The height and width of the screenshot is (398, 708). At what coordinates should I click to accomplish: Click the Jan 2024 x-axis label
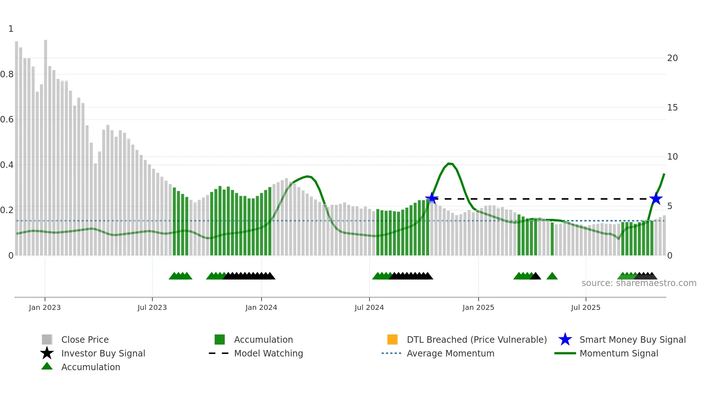point(261,307)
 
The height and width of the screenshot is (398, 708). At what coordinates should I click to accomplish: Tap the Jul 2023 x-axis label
point(152,307)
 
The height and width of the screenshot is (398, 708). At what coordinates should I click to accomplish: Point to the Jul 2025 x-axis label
point(586,307)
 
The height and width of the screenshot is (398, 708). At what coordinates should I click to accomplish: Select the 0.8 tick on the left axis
point(7,74)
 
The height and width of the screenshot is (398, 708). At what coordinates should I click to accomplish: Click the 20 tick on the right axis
point(672,58)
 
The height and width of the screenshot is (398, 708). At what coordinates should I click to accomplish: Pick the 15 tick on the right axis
point(672,108)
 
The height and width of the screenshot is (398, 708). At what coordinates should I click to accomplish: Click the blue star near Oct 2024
point(432,198)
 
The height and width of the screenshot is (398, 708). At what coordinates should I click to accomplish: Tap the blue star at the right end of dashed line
point(656,199)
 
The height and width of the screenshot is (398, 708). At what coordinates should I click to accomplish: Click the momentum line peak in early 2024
point(307,176)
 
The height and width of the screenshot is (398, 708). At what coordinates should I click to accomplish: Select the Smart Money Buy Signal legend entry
point(632,339)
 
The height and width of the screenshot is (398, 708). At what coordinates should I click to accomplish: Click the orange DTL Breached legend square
point(392,339)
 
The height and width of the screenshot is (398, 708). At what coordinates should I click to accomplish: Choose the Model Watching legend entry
point(268,353)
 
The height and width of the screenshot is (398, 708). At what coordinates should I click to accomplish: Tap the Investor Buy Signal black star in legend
point(47,353)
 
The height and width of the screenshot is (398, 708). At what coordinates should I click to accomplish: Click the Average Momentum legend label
point(450,353)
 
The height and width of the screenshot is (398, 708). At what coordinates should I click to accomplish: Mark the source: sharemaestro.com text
point(639,283)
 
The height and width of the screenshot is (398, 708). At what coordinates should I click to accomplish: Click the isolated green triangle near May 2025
point(552,276)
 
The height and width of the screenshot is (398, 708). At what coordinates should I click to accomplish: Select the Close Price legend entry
point(85,339)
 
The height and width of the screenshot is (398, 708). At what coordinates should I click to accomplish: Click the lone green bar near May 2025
point(552,239)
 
